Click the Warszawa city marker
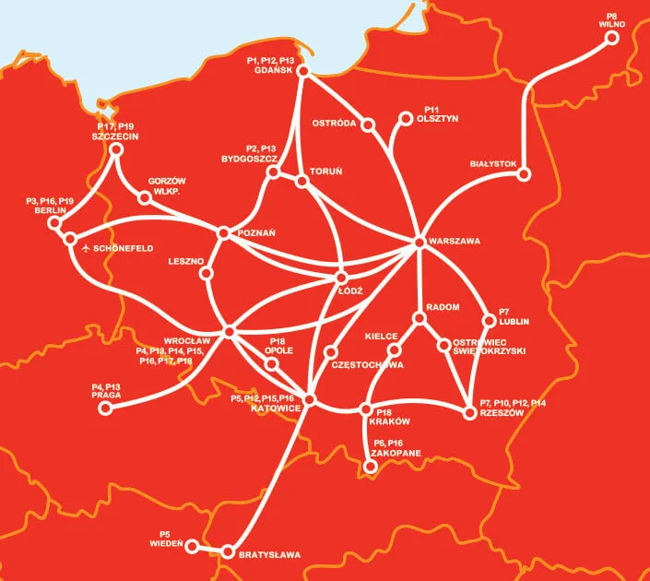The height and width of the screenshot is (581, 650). click(x=420, y=242)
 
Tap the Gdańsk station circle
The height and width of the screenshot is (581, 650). click(x=303, y=72)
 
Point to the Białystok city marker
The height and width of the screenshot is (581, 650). click(x=524, y=173)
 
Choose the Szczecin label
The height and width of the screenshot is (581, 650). click(x=114, y=136)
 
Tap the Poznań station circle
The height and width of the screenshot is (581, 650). click(x=223, y=233)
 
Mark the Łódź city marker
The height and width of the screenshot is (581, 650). click(x=342, y=277)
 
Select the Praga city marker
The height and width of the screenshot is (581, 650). click(x=104, y=407)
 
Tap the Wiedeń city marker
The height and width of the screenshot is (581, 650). click(x=192, y=546)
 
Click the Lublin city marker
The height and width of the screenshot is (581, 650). click(x=490, y=322)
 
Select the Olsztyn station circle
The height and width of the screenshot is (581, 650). click(x=405, y=118)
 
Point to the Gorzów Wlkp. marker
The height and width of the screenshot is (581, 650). click(x=144, y=197)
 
